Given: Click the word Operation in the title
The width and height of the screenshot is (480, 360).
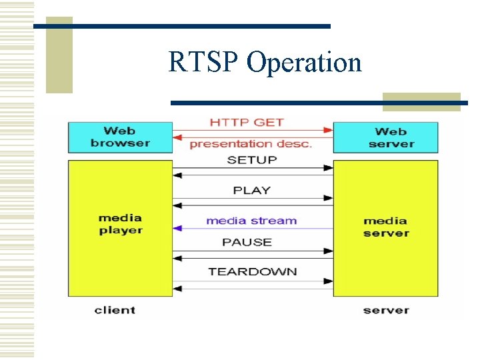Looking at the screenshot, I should click(304, 63).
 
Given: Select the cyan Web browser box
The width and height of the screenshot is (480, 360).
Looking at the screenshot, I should click(120, 137).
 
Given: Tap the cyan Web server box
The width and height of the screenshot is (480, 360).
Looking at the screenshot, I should click(385, 137).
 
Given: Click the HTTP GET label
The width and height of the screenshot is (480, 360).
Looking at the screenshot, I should click(247, 123).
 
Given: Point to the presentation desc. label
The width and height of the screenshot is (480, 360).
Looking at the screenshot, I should click(251, 144).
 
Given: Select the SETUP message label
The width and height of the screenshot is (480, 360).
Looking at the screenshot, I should click(251, 160).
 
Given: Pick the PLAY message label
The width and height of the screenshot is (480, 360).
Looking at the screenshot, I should click(251, 191).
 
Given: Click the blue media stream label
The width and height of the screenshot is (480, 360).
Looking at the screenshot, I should click(251, 221).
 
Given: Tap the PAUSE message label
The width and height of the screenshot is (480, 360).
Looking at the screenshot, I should click(247, 242).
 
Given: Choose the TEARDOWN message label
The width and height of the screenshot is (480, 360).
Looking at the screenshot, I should click(252, 271).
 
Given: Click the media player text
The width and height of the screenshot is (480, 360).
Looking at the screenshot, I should click(120, 224).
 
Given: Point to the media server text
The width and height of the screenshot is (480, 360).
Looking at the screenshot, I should click(385, 227).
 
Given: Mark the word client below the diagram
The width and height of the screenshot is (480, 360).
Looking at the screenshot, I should click(115, 310).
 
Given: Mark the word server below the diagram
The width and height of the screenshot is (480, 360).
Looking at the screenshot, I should click(386, 310).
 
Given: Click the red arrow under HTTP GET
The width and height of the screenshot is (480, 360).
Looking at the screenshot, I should click(253, 131).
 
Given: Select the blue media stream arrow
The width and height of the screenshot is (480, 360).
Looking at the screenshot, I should click(253, 229).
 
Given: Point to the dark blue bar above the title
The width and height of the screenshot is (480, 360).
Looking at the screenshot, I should click(181, 26).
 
